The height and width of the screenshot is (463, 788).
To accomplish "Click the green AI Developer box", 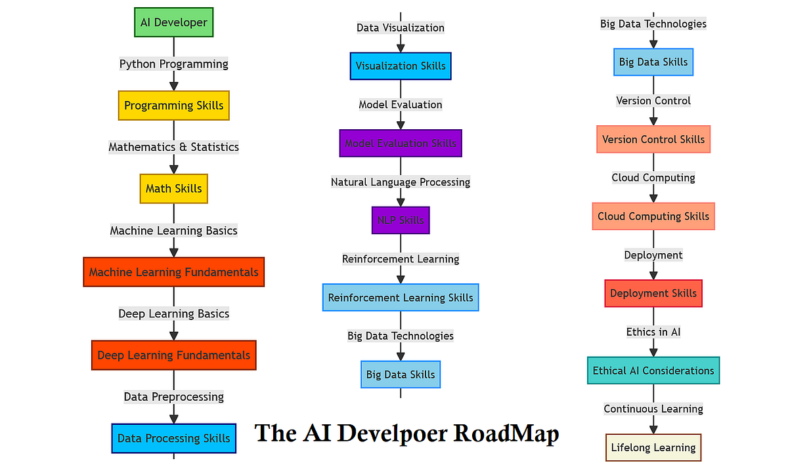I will (173, 22).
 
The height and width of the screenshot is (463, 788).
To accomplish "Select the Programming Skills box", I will (173, 106).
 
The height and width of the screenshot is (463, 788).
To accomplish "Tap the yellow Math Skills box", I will (173, 189).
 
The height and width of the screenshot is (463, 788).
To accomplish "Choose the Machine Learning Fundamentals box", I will (173, 272).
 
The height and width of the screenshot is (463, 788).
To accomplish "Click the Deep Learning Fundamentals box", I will (173, 355).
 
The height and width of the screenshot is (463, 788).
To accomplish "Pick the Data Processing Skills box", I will (173, 438).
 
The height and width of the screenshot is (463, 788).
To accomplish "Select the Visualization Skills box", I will (401, 66).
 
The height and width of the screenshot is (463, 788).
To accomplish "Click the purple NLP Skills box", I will (401, 220).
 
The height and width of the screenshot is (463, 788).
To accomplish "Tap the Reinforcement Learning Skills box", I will (401, 298).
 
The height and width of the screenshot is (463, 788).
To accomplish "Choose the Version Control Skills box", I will (653, 140).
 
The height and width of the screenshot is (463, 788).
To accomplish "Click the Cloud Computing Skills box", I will (653, 216).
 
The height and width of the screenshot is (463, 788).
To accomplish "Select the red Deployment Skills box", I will (653, 293).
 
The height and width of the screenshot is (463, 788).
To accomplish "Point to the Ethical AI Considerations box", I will (653, 371).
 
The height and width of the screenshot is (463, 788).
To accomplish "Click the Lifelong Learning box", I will (653, 448).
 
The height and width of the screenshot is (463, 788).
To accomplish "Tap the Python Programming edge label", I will (173, 64).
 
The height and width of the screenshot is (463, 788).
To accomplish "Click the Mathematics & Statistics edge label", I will (173, 147).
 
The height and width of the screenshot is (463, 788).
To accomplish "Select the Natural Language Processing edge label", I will (401, 182).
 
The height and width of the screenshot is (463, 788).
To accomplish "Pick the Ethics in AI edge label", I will (653, 332).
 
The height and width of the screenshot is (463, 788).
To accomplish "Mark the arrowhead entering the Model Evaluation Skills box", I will (401, 124).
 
